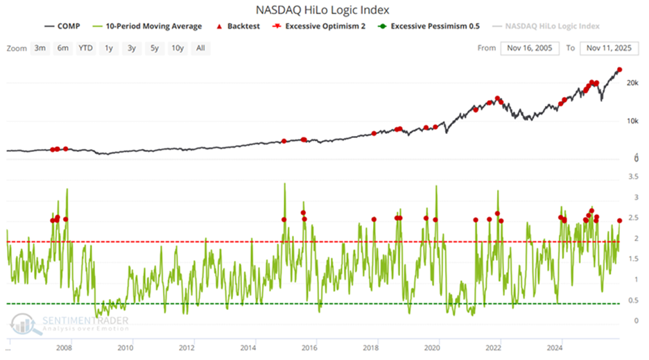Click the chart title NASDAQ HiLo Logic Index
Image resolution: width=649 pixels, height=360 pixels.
point(324,10)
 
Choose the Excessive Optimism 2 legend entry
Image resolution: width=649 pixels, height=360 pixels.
point(329,26)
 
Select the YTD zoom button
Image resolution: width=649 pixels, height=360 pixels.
point(86,48)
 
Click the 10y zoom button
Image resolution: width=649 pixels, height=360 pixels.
point(177,48)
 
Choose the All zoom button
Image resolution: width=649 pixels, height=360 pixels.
point(200,48)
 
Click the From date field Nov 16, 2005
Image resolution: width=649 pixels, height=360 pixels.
point(530,48)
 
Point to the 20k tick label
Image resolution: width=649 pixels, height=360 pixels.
point(632,83)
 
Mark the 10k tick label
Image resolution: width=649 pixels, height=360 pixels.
point(632,121)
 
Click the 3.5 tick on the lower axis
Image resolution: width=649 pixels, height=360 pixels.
point(632,177)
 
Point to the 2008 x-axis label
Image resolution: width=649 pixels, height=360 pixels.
point(64,348)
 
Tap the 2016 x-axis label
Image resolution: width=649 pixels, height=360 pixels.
point(309,348)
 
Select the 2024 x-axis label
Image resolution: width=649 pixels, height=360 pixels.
point(555,348)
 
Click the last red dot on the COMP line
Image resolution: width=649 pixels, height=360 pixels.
point(619,69)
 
